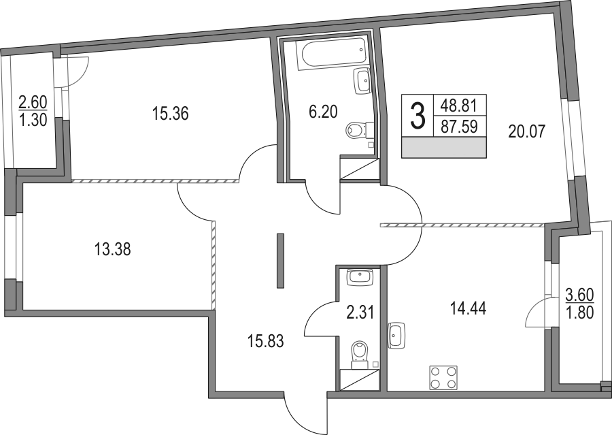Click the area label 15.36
tap(170, 114)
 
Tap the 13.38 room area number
tap(112, 249)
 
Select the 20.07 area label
tap(526, 131)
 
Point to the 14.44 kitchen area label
tap(468, 309)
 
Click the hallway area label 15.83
tap(266, 341)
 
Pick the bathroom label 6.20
tap(323, 112)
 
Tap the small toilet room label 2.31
tap(360, 312)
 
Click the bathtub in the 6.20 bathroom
tap(332, 54)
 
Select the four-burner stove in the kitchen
tap(443, 378)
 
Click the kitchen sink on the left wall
tap(397, 336)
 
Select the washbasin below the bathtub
tap(362, 81)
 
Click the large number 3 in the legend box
tap(418, 115)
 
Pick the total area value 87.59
tap(460, 127)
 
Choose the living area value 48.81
tap(460, 105)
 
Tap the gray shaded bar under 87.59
tap(444, 147)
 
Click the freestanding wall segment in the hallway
tap(280, 261)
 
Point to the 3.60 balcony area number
tap(579, 295)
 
